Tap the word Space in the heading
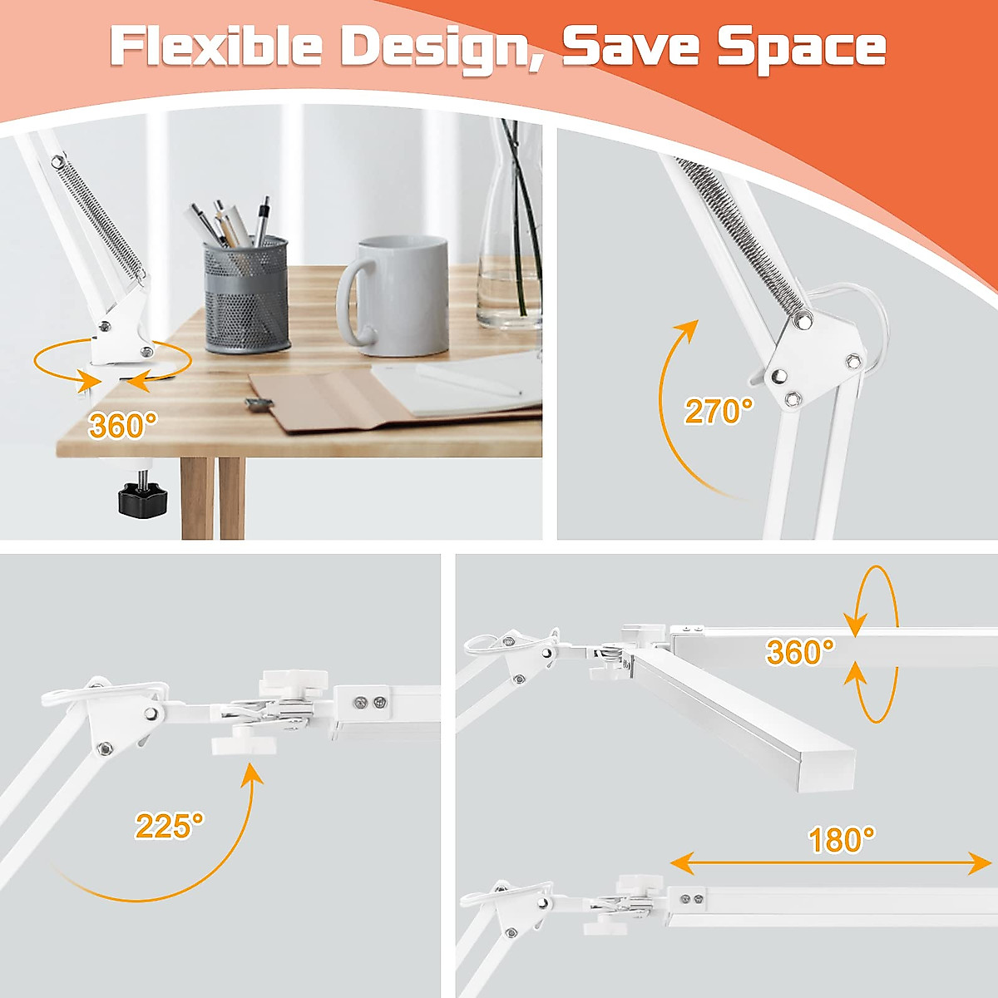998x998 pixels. tap(802, 47)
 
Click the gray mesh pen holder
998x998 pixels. tap(247, 295)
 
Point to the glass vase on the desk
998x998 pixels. tap(509, 249)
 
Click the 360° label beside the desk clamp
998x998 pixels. tap(122, 426)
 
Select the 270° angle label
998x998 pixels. tap(719, 411)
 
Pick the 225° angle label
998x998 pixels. tap(169, 826)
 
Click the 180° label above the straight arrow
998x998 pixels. tap(841, 840)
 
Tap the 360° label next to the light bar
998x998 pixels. tap(799, 652)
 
